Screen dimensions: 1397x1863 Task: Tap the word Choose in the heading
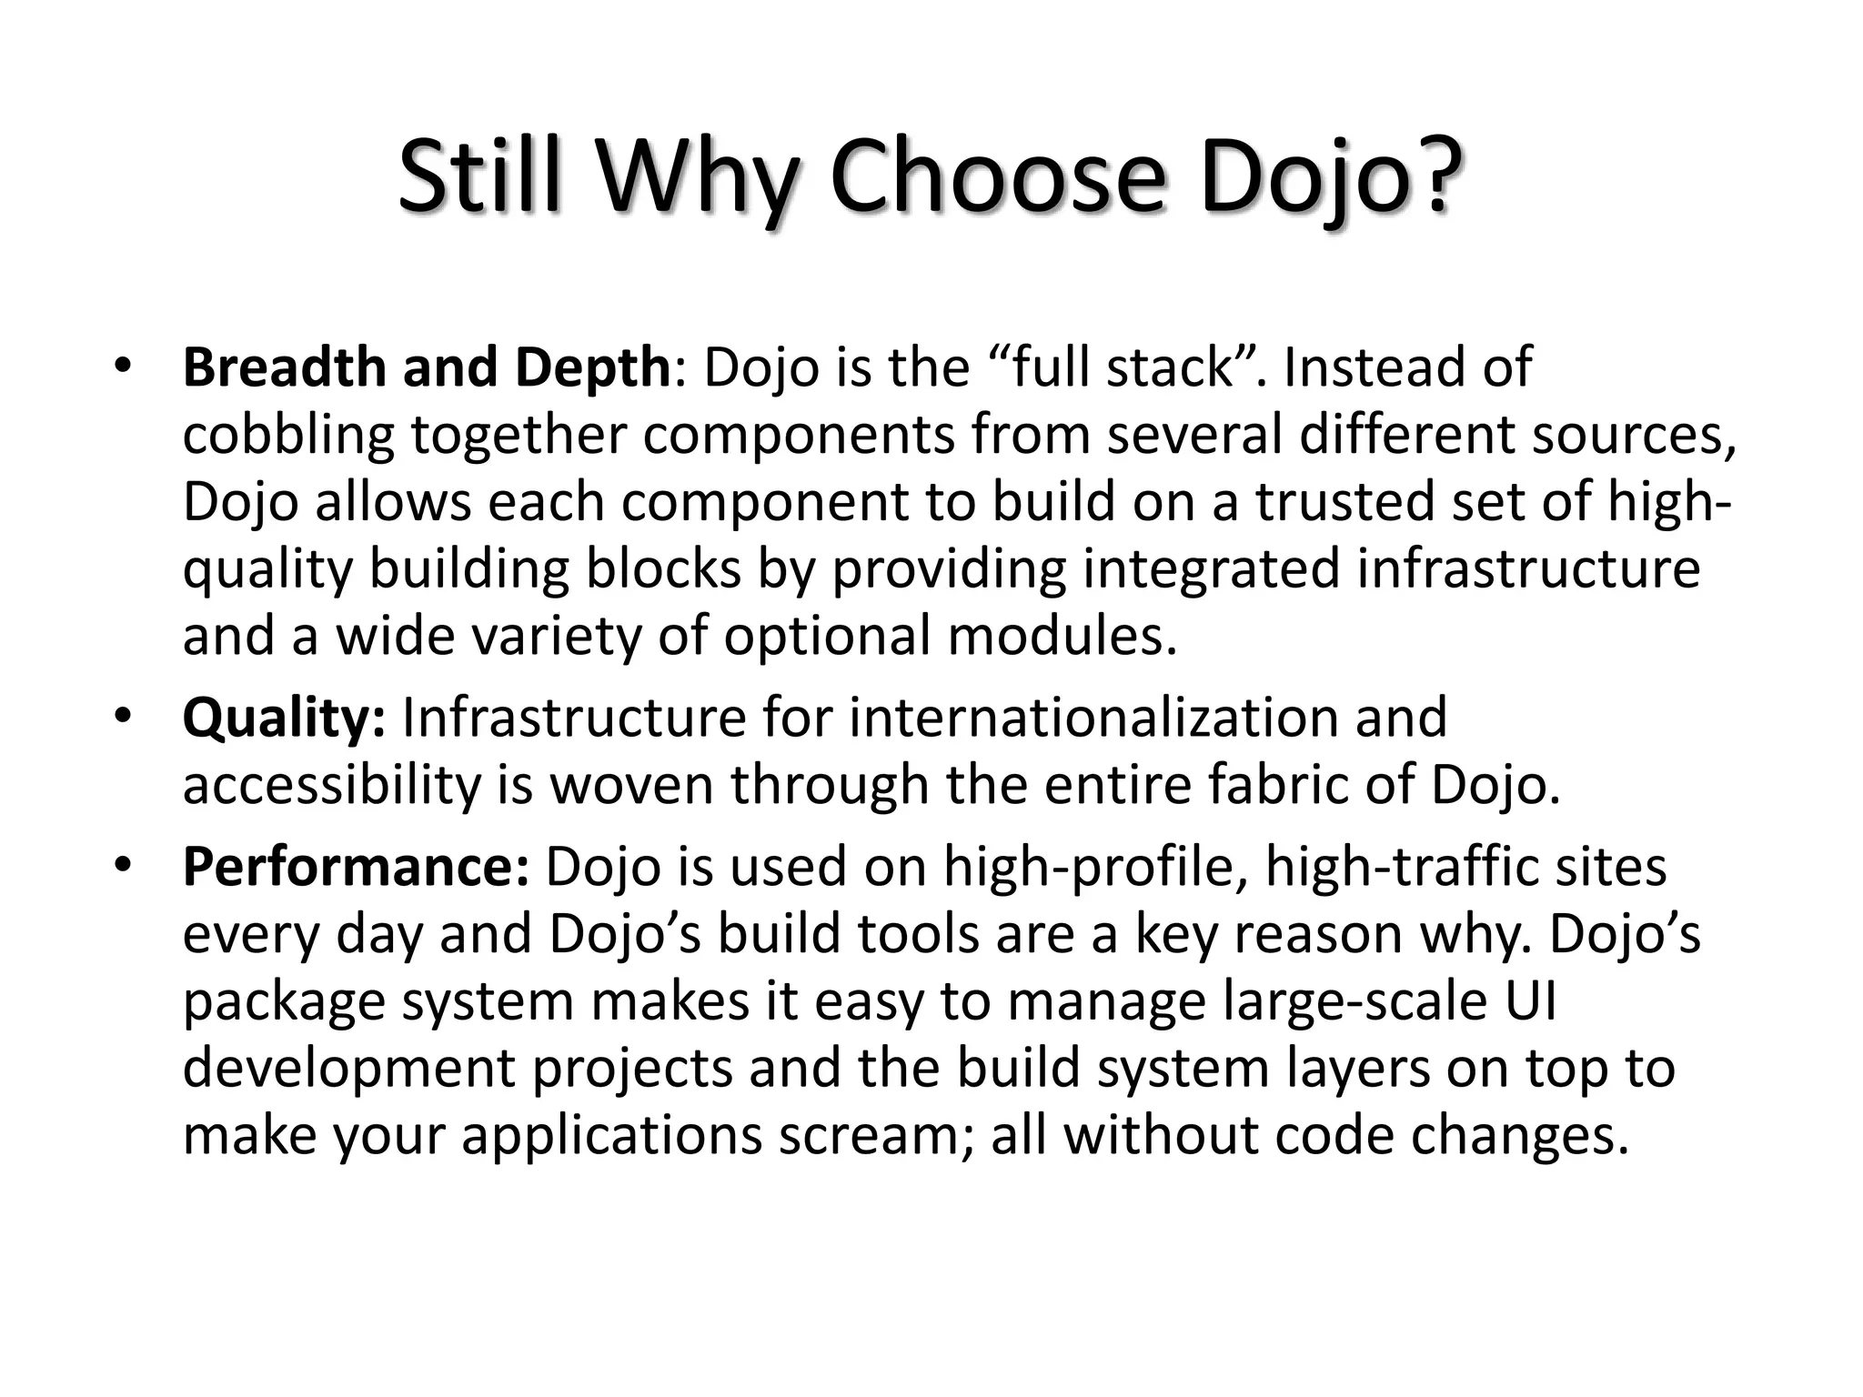997,176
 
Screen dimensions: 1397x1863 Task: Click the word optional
827,636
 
